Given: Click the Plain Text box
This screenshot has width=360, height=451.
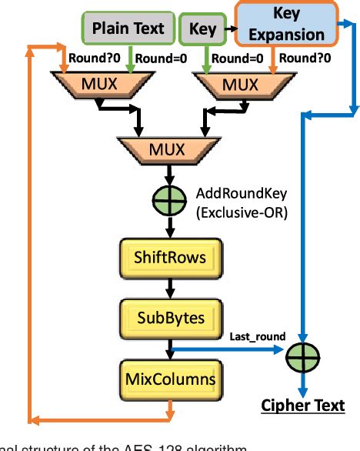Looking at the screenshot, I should pos(128,29).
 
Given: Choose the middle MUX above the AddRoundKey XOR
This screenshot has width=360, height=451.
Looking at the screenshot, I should pos(165,148).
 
